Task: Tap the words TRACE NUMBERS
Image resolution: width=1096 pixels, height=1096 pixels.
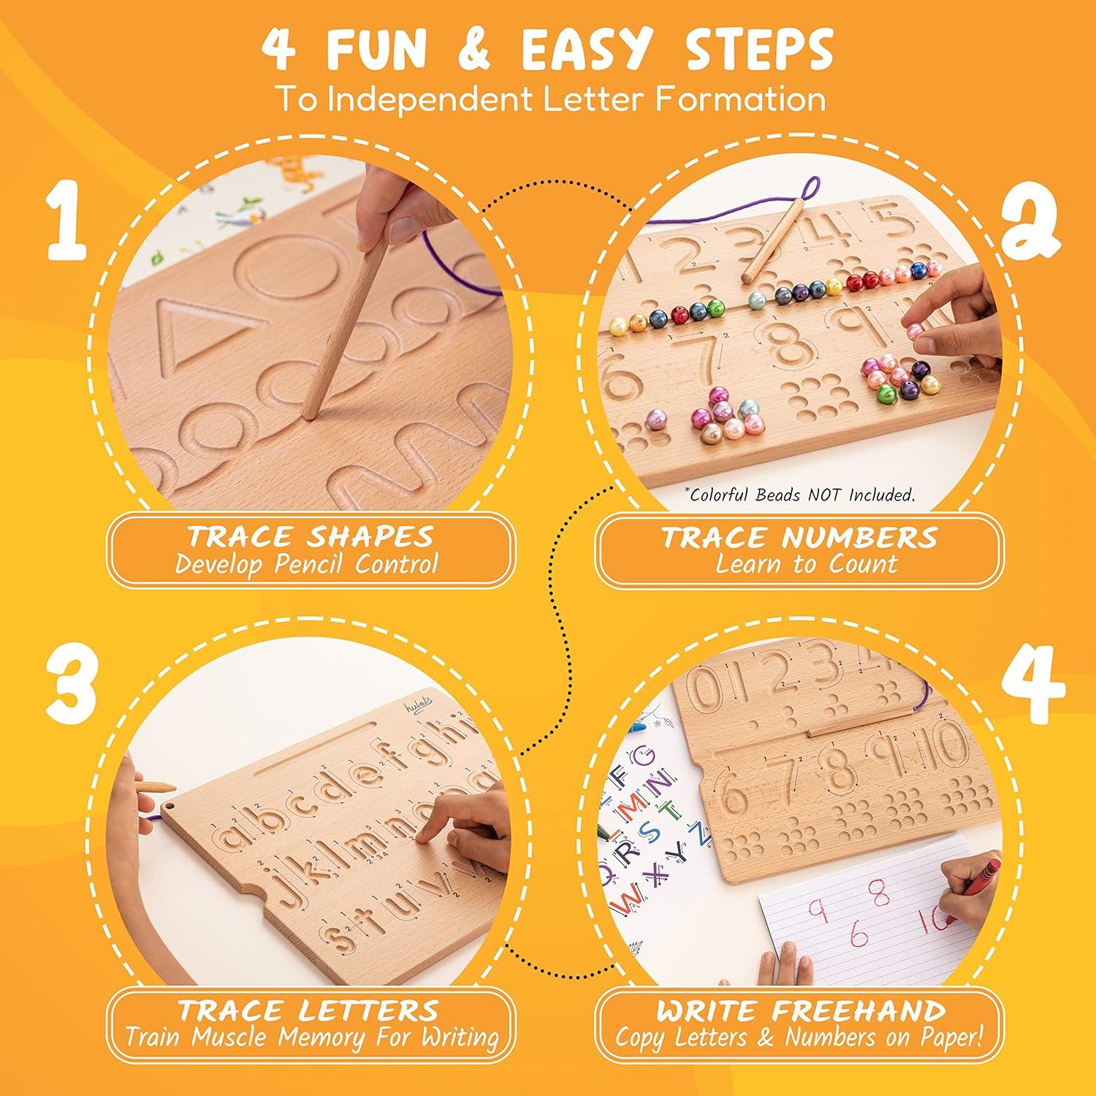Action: point(799,538)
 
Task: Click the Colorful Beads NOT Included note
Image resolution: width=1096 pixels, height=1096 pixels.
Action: point(799,495)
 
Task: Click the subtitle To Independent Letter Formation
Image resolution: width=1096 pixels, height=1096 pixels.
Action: point(549,99)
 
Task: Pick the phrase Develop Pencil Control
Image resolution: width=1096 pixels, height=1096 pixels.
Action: point(307,564)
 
